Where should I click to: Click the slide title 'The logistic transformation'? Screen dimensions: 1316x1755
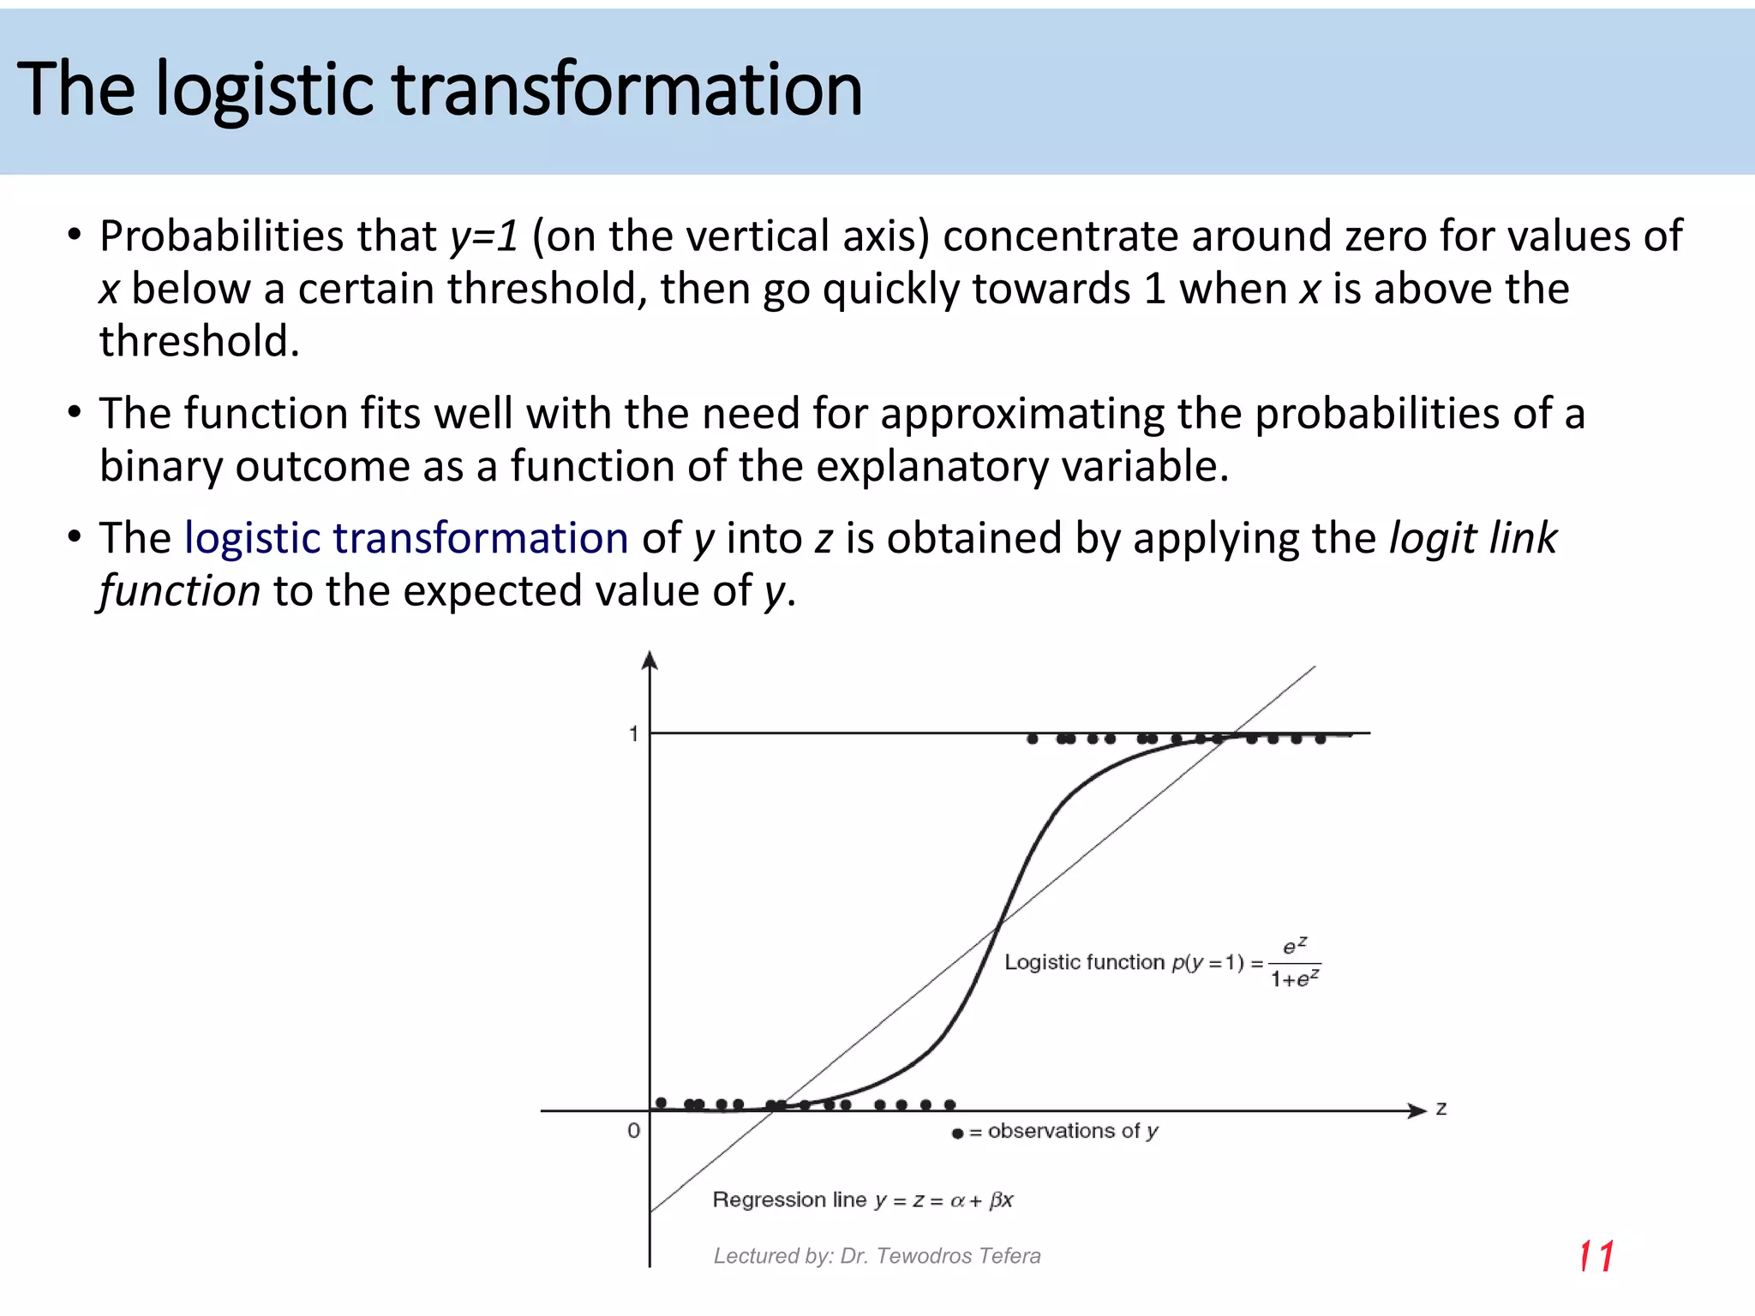tap(439, 90)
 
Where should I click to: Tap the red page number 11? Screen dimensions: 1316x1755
tap(1596, 1257)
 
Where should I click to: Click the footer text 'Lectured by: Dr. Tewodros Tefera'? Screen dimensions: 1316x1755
tap(877, 1256)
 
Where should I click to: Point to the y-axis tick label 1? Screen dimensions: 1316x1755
tap(633, 734)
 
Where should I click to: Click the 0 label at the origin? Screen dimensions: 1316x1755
tap(633, 1130)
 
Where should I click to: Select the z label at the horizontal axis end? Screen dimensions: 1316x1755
tap(1441, 1109)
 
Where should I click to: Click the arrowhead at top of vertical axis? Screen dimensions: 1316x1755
tap(650, 660)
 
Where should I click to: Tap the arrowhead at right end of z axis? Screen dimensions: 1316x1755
tap(1417, 1111)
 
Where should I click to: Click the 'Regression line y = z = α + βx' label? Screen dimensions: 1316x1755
tap(862, 1199)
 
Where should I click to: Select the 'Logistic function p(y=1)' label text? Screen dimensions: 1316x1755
tap(1123, 962)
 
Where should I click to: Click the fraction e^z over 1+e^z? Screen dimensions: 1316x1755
tap(1295, 963)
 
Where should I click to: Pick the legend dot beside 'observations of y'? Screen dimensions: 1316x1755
tap(957, 1134)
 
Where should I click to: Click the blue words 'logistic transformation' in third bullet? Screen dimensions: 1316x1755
tap(406, 539)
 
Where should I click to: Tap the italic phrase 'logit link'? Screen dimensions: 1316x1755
tap(1472, 539)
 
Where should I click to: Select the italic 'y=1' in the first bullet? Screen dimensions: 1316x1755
tap(484, 236)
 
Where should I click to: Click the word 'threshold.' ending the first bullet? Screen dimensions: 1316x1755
tap(199, 342)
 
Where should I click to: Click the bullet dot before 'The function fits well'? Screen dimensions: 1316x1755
tap(75, 413)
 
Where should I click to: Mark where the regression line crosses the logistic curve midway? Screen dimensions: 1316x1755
tap(999, 925)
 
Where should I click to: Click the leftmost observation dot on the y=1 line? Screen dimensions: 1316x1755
tap(1033, 739)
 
